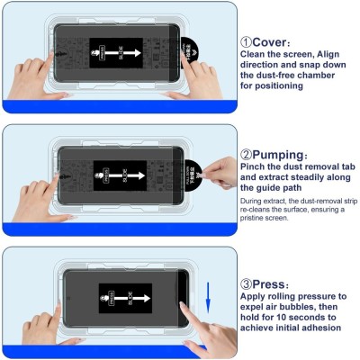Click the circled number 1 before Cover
(246, 41)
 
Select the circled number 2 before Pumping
(246, 155)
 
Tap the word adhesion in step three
(317, 328)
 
